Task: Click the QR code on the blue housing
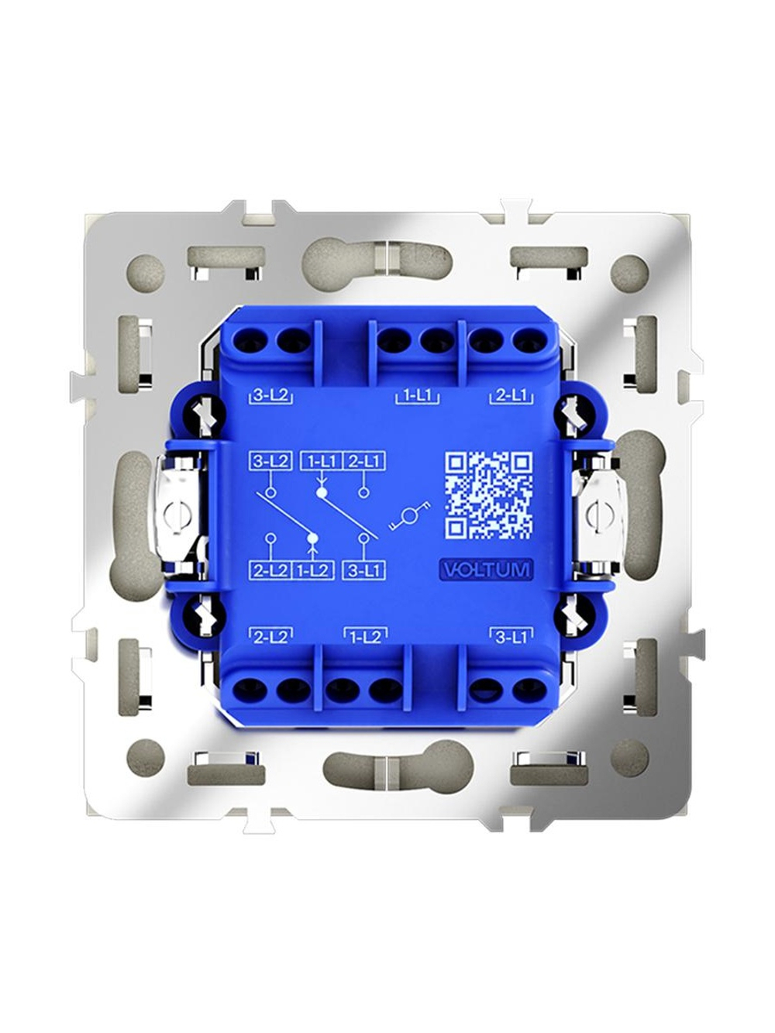point(489,495)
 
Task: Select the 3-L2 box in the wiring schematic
point(270,461)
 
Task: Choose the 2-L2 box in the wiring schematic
point(270,570)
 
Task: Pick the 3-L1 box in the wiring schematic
point(363,570)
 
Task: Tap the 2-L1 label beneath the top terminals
point(511,396)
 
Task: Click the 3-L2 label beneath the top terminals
point(270,396)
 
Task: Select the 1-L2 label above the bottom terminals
point(366,637)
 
